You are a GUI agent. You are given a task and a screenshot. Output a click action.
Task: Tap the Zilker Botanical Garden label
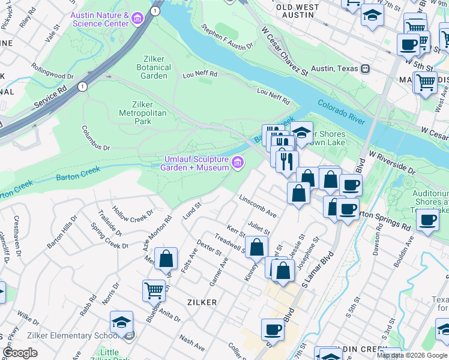(x=155, y=67)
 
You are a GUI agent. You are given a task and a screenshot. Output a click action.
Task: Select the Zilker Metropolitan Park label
(x=142, y=112)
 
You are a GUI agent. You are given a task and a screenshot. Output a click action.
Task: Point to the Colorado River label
(x=341, y=112)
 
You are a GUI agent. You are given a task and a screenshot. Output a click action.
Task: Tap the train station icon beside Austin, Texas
(x=364, y=68)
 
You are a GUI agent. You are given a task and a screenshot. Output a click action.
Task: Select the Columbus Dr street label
(x=96, y=138)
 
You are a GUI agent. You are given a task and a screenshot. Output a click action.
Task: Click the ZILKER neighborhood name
(x=202, y=302)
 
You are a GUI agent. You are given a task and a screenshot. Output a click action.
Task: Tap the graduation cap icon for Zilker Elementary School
(x=121, y=323)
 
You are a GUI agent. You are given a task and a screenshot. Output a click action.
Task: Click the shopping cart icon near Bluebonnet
(x=154, y=291)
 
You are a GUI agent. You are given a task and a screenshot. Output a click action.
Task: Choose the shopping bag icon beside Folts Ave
(x=166, y=259)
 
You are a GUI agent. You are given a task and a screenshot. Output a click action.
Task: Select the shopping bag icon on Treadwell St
(x=256, y=248)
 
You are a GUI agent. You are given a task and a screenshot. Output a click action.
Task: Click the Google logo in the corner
(x=20, y=353)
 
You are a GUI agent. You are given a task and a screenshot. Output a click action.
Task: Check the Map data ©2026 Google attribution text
(x=411, y=355)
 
